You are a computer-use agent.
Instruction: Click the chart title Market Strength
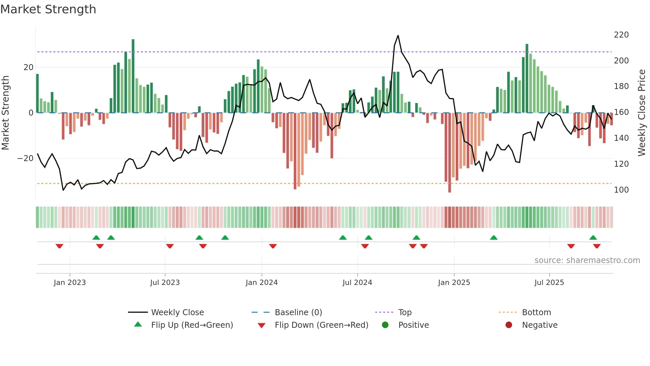pyautogui.click(x=48, y=9)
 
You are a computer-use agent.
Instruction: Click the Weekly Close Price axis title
pyautogui.click(x=642, y=113)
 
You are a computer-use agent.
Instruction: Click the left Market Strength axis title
pyautogui.click(x=5, y=113)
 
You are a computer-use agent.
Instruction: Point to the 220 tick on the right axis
pyautogui.click(x=621, y=35)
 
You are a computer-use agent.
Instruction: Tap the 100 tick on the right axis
pyautogui.click(x=621, y=190)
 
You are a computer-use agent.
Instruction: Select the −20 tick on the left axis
pyautogui.click(x=26, y=158)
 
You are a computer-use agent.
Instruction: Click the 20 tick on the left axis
pyautogui.click(x=29, y=67)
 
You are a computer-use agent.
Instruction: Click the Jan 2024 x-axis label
pyautogui.click(x=262, y=283)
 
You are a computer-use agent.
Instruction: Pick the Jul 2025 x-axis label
pyautogui.click(x=549, y=283)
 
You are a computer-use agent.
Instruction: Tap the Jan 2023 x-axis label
pyautogui.click(x=70, y=283)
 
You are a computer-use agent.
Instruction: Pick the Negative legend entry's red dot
pyautogui.click(x=509, y=325)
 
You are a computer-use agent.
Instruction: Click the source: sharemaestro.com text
pyautogui.click(x=587, y=260)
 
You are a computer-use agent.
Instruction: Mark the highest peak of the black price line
pyautogui.click(x=398, y=36)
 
